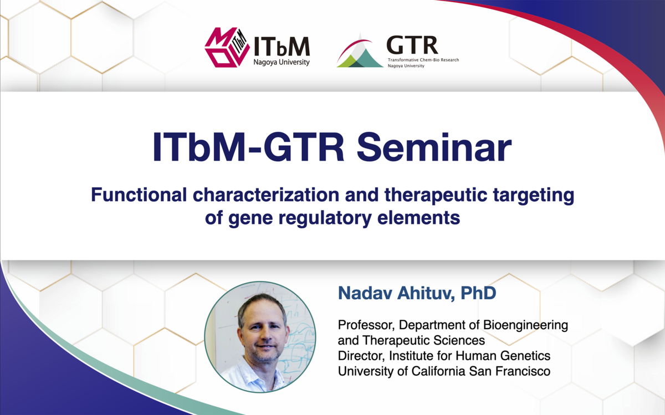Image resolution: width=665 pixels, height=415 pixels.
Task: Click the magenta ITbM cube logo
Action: tap(227, 47)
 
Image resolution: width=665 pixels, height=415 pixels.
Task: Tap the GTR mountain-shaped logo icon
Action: tap(360, 50)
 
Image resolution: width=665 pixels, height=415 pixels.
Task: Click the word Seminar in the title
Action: tap(434, 147)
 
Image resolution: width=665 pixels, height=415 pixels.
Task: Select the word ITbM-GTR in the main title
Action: tap(248, 147)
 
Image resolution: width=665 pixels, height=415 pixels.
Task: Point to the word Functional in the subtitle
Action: tap(139, 194)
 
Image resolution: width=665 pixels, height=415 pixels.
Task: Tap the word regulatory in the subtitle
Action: tap(325, 218)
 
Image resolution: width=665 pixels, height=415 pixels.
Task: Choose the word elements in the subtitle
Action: tap(418, 218)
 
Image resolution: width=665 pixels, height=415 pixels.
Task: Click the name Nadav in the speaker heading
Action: tap(365, 293)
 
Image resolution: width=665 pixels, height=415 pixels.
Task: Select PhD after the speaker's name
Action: tap(478, 293)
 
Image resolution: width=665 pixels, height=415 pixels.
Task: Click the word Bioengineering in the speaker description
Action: tap(525, 325)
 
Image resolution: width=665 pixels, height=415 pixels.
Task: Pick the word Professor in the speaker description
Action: tap(366, 325)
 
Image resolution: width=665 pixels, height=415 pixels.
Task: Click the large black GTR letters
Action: tap(412, 45)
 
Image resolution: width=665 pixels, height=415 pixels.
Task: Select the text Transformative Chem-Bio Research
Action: tap(423, 60)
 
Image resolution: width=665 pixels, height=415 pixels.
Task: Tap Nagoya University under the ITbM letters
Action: tap(281, 63)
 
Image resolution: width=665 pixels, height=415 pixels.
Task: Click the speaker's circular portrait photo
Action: tap(260, 337)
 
